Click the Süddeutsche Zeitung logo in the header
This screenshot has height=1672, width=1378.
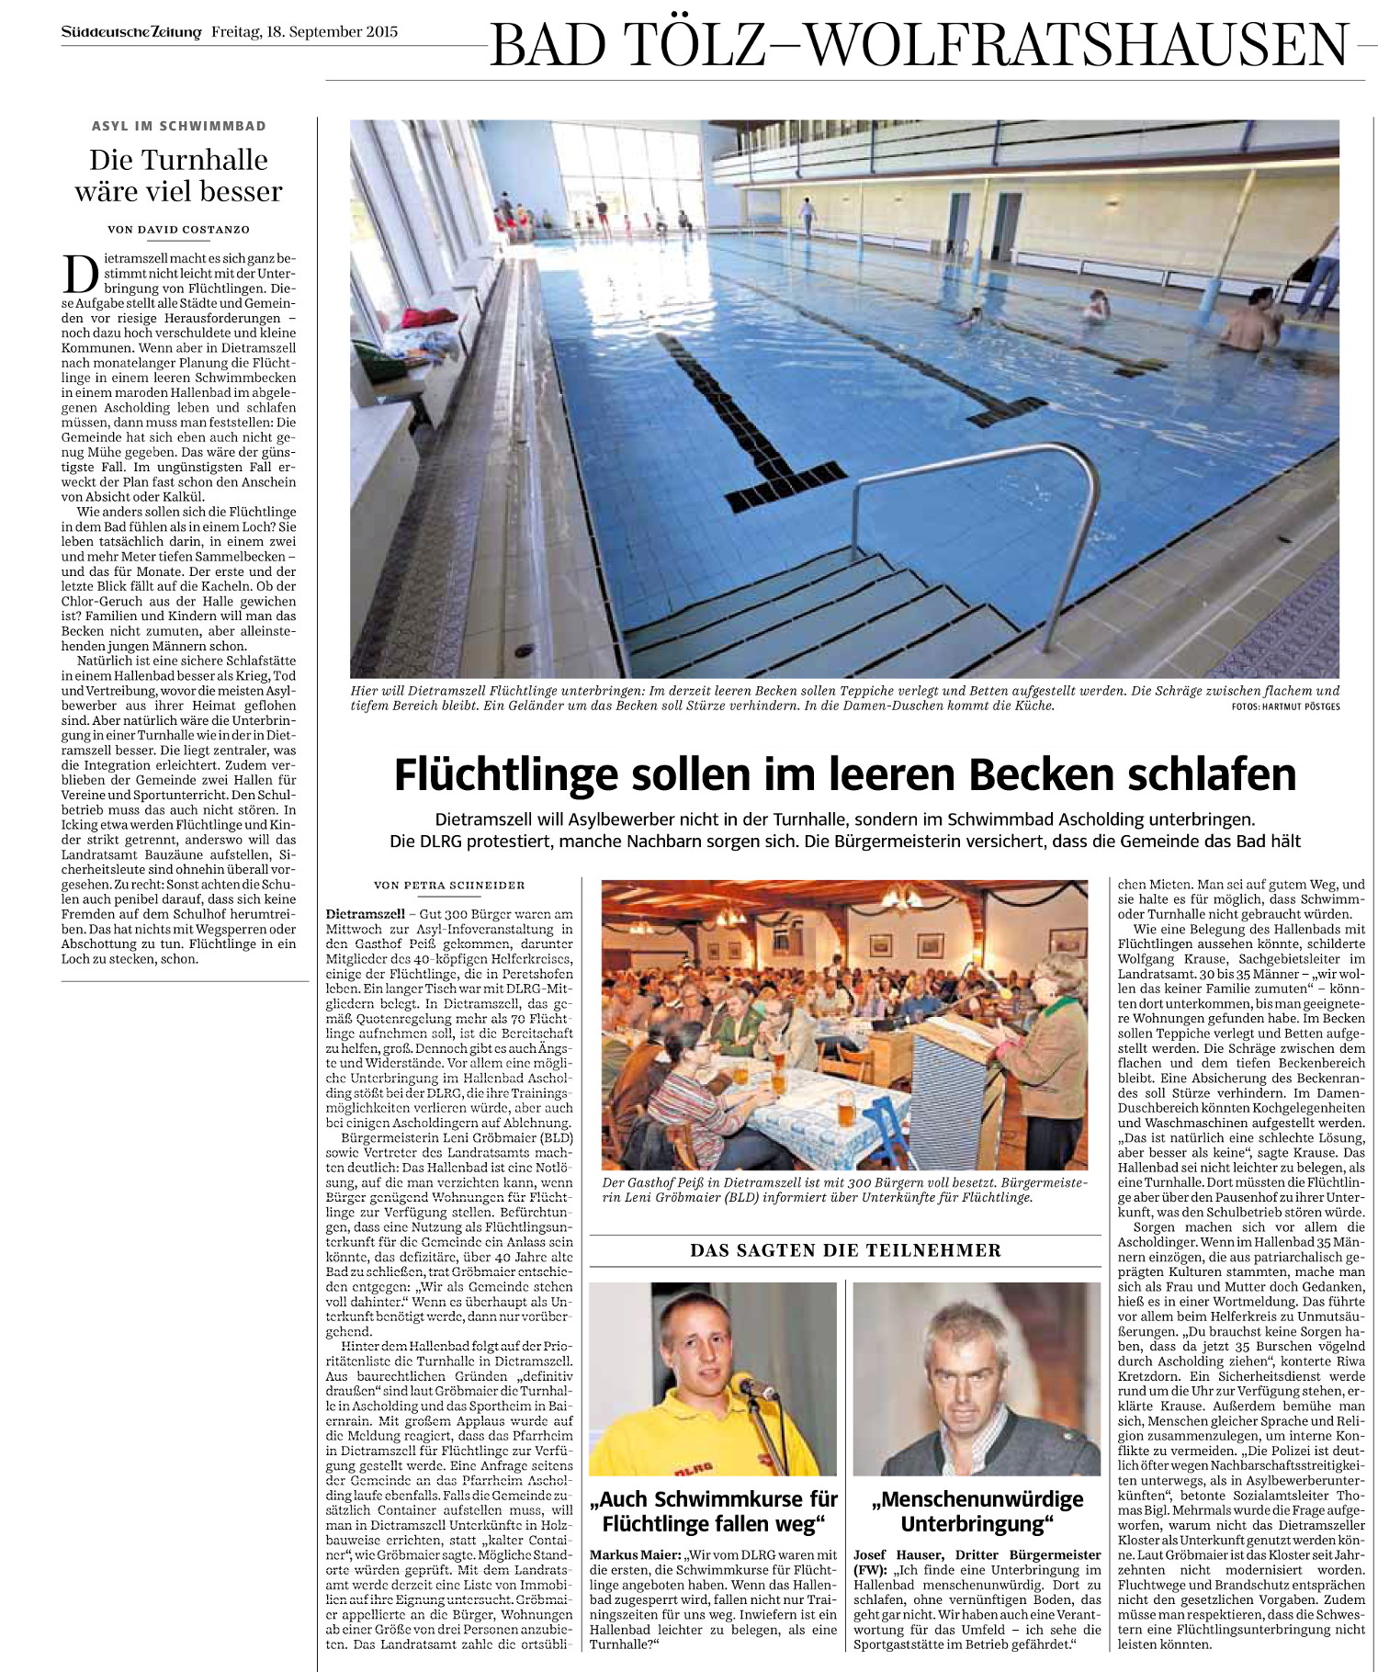click(131, 32)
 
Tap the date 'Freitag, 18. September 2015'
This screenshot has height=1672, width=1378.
click(305, 32)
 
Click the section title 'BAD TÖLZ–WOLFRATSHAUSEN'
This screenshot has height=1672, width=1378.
click(920, 45)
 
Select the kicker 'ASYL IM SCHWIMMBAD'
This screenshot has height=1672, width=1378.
click(179, 126)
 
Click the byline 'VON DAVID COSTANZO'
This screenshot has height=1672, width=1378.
click(179, 230)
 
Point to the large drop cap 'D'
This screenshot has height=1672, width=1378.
click(80, 273)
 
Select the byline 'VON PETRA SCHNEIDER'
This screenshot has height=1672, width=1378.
click(449, 886)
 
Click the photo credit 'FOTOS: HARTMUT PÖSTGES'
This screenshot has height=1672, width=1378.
click(1285, 706)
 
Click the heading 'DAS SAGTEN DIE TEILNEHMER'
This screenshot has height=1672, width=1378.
click(845, 1250)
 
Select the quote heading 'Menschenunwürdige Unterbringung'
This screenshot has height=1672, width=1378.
click(977, 1510)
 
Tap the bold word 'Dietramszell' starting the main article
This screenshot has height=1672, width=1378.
click(366, 914)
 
